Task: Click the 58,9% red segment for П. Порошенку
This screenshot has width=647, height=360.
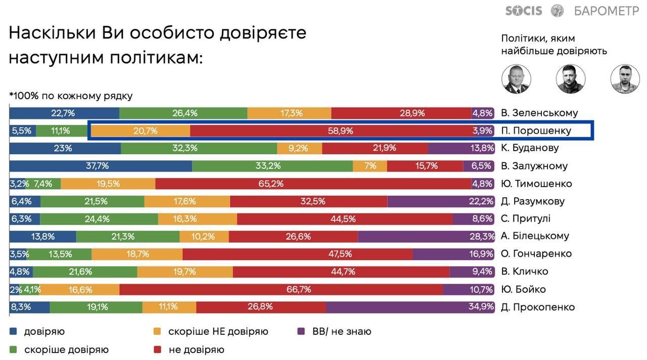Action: click(x=331, y=130)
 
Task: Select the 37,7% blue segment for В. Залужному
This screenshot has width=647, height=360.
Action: click(x=101, y=166)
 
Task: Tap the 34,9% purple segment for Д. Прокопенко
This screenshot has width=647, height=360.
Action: click(x=410, y=307)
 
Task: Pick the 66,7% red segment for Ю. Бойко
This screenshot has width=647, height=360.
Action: click(x=281, y=289)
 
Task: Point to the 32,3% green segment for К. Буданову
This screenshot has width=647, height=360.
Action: click(x=199, y=148)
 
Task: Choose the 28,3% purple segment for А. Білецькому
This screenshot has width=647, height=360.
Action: click(x=426, y=236)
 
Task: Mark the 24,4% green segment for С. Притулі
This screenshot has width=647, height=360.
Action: click(x=99, y=219)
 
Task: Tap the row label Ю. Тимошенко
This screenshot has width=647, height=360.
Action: click(x=536, y=184)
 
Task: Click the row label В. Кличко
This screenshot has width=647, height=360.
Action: click(x=525, y=272)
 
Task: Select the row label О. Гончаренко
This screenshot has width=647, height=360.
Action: click(x=536, y=254)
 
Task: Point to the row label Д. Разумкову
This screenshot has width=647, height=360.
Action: click(x=533, y=201)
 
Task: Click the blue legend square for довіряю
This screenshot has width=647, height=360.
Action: click(x=14, y=332)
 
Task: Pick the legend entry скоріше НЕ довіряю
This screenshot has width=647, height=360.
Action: click(x=218, y=332)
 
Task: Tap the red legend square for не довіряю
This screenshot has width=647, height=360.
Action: click(x=157, y=349)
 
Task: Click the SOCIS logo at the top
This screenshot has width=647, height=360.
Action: click(x=523, y=11)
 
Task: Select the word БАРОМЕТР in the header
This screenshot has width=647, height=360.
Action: click(x=607, y=11)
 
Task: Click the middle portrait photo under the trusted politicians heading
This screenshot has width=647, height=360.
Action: click(x=571, y=79)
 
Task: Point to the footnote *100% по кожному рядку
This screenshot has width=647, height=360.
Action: click(x=71, y=96)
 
